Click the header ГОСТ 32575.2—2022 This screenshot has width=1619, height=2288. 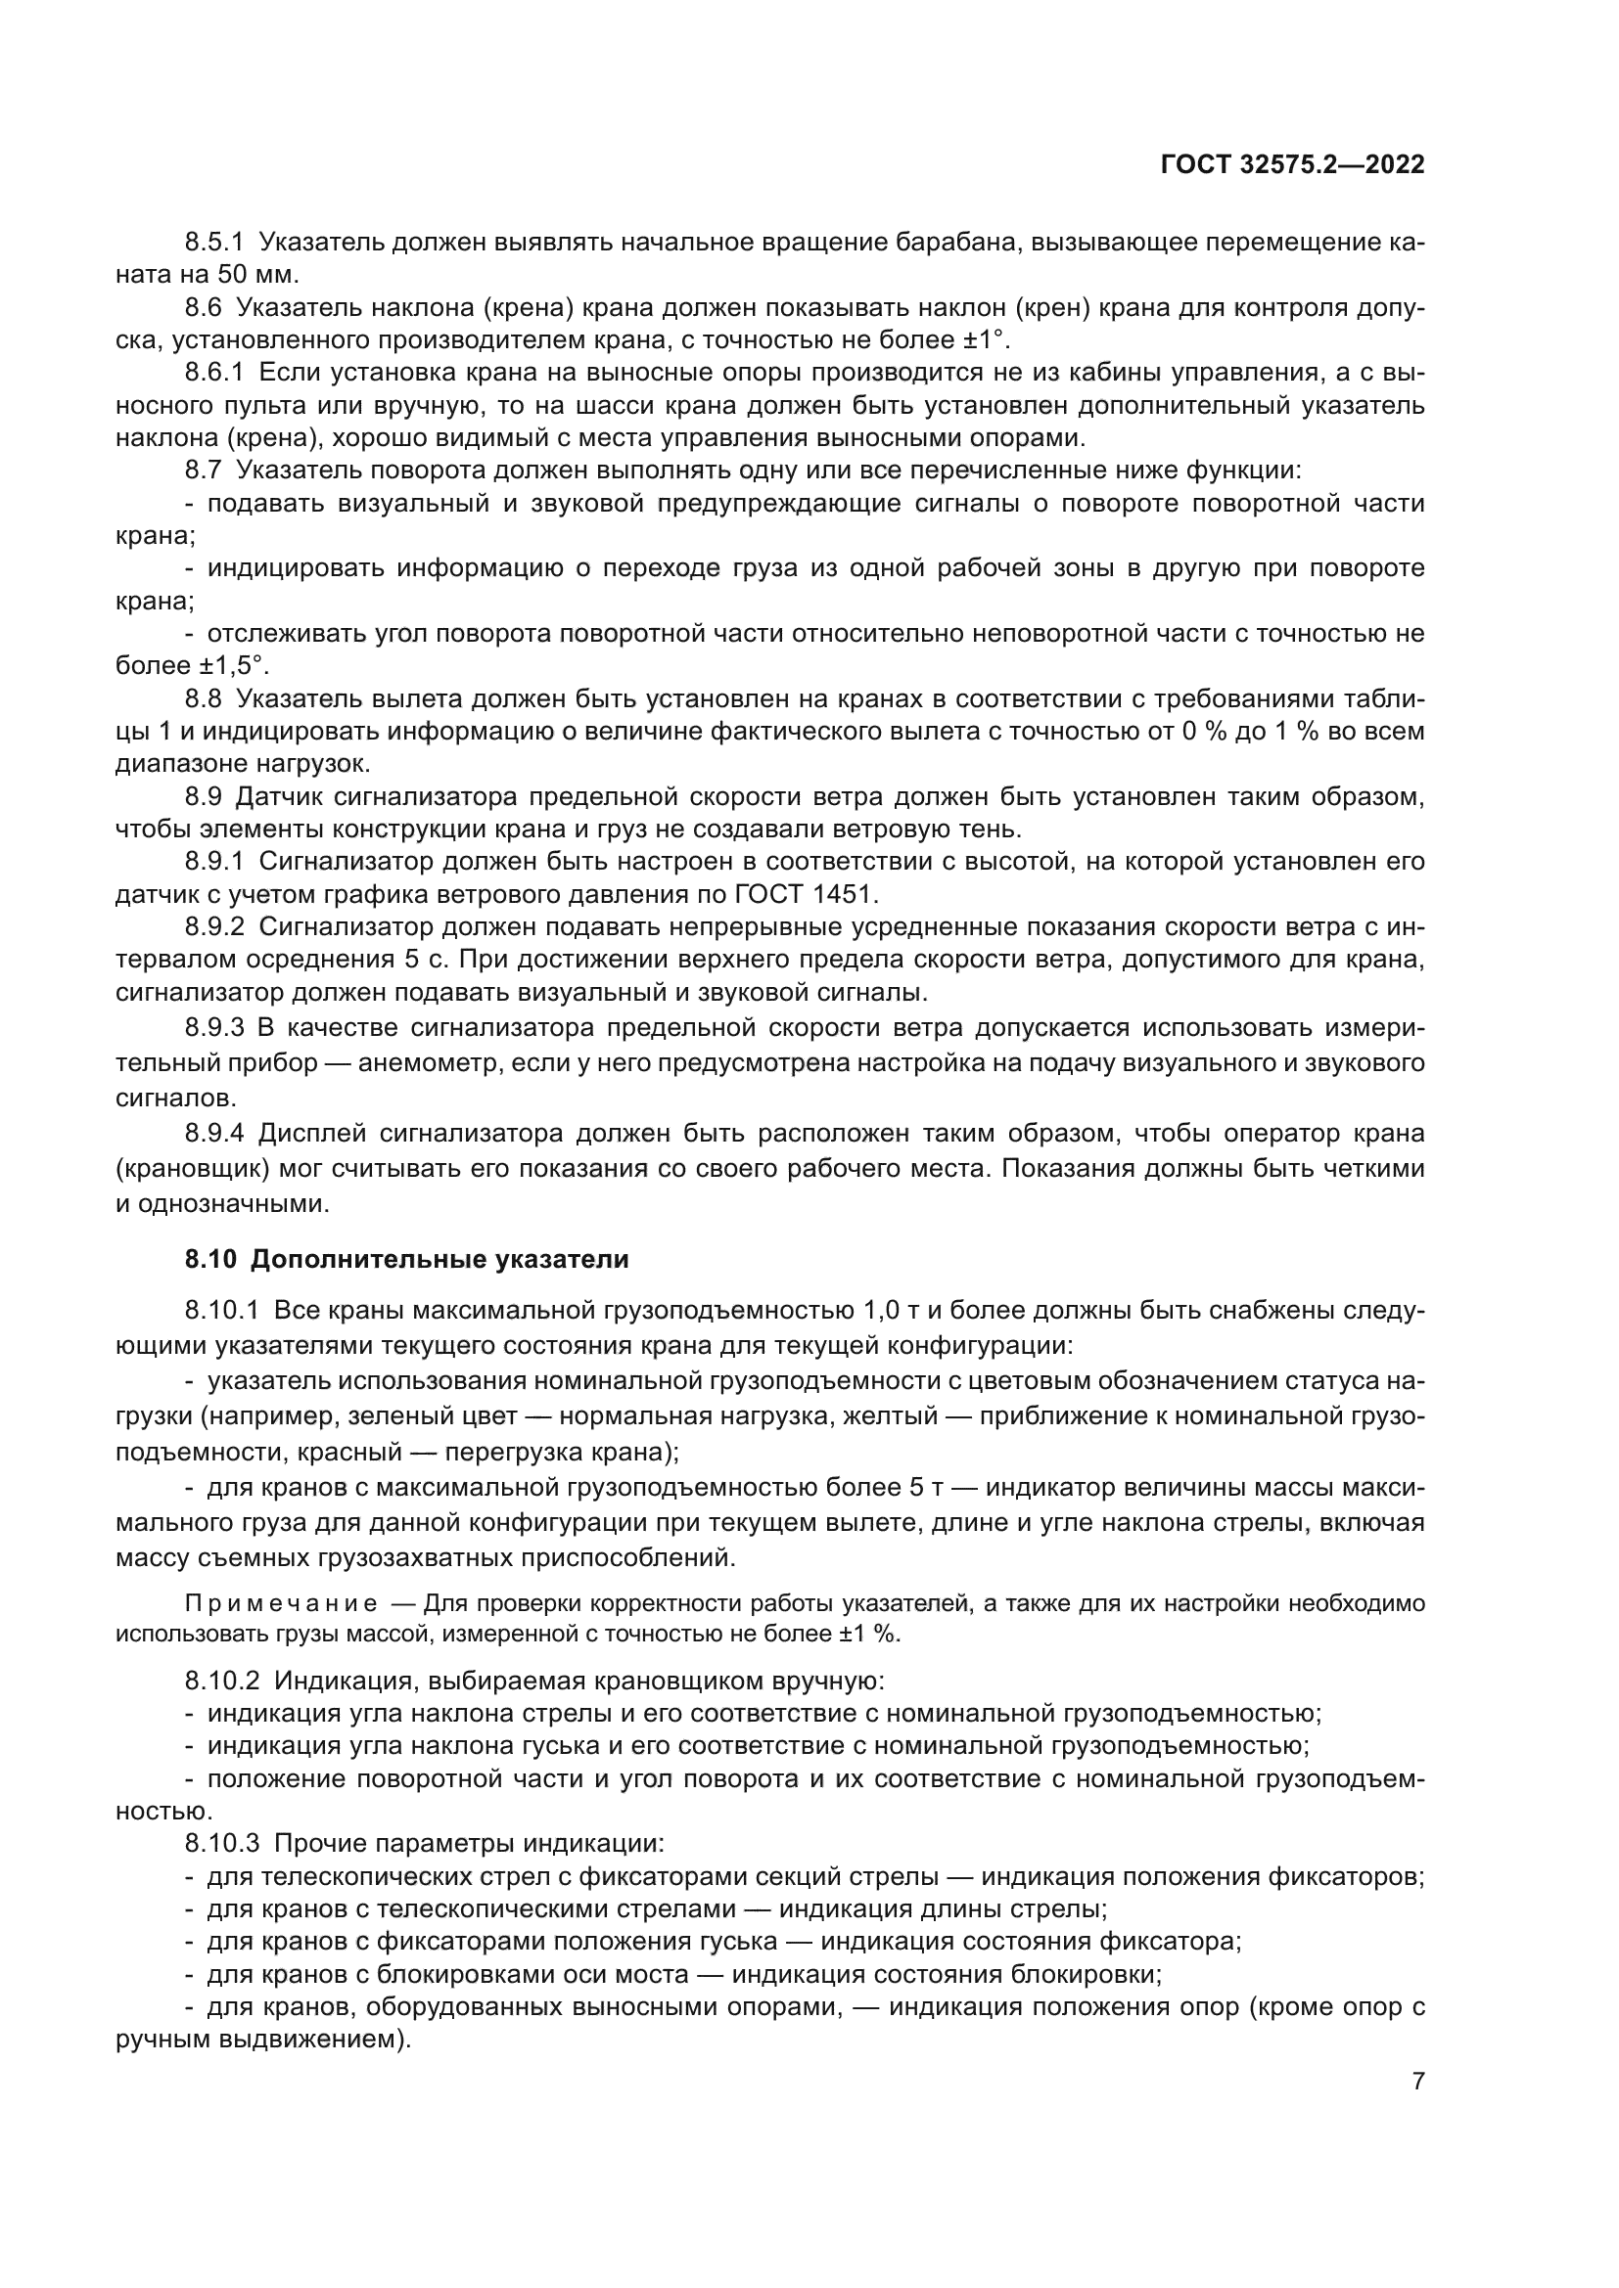click(x=1292, y=165)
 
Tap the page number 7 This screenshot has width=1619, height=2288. click(x=1417, y=2082)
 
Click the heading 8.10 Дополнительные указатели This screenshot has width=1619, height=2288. click(x=407, y=1259)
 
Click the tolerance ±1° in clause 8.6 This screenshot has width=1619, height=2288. click(x=984, y=339)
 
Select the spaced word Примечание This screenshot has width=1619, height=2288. click(x=281, y=1604)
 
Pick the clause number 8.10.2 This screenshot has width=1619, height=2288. click(x=221, y=1682)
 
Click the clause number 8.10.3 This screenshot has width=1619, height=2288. click(x=221, y=1844)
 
